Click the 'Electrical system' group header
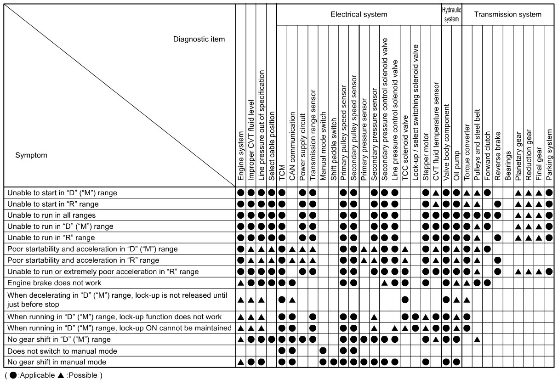coord(359,14)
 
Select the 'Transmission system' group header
coord(507,14)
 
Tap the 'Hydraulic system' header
coord(451,14)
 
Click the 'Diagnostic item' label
coord(199,39)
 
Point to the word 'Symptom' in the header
coord(31,155)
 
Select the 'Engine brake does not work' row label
coord(55,283)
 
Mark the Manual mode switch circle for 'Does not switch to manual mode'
coord(323,351)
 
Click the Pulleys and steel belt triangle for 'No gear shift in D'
coord(477,340)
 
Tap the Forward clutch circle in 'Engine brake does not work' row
coord(487,283)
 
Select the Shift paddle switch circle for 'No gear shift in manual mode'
coord(333,362)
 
